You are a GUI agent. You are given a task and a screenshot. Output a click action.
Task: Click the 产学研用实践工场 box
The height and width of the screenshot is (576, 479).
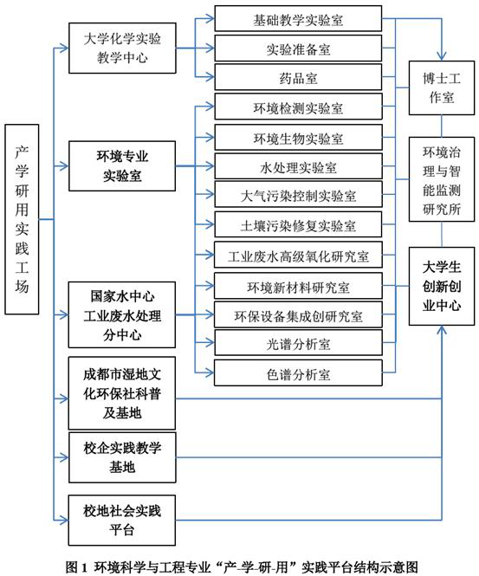pyautogui.click(x=22, y=219)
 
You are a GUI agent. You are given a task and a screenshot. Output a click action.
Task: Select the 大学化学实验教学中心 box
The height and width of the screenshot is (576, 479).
pyautogui.click(x=122, y=49)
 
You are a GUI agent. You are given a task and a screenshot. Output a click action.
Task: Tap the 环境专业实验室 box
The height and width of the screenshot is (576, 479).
pyautogui.click(x=122, y=166)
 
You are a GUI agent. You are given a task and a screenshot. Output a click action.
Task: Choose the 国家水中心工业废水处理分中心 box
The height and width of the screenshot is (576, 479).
pyautogui.click(x=122, y=314)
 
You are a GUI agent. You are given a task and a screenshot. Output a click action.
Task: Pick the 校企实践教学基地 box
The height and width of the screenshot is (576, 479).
pyautogui.click(x=122, y=457)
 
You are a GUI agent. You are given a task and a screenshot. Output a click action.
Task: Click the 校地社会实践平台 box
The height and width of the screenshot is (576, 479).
pyautogui.click(x=122, y=521)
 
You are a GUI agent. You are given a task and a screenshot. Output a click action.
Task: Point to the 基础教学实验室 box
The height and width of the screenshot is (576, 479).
pyautogui.click(x=298, y=19)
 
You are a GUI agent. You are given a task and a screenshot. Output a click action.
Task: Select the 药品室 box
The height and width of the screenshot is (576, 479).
pyautogui.click(x=298, y=77)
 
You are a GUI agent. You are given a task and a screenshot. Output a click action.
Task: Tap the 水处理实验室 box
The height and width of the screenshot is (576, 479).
pyautogui.click(x=298, y=166)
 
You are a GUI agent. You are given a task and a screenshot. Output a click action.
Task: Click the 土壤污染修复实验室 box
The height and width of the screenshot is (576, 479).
pyautogui.click(x=298, y=224)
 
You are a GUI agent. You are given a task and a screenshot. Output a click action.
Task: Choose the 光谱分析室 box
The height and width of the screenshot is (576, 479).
pyautogui.click(x=298, y=343)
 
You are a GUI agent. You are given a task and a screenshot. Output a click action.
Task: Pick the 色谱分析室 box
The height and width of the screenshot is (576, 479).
pyautogui.click(x=298, y=372)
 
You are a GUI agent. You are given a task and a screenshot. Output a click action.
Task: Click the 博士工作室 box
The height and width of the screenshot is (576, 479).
pyautogui.click(x=442, y=87)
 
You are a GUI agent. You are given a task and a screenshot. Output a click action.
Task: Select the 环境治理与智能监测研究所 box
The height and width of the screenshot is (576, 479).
pyautogui.click(x=442, y=179)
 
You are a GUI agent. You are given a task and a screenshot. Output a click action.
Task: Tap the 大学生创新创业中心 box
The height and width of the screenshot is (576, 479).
pyautogui.click(x=442, y=286)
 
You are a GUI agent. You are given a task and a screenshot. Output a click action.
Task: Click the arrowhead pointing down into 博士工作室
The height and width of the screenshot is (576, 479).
pyautogui.click(x=442, y=56)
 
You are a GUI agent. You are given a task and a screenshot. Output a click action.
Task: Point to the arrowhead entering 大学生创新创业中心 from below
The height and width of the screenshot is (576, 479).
pyautogui.click(x=442, y=330)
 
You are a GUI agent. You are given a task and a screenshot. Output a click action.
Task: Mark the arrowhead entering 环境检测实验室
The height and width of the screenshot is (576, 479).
pyautogui.click(x=210, y=107)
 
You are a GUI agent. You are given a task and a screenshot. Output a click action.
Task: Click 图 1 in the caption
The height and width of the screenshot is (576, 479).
pyautogui.click(x=77, y=566)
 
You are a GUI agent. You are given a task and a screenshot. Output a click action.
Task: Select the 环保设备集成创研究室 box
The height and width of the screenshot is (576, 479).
pyautogui.click(x=298, y=314)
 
